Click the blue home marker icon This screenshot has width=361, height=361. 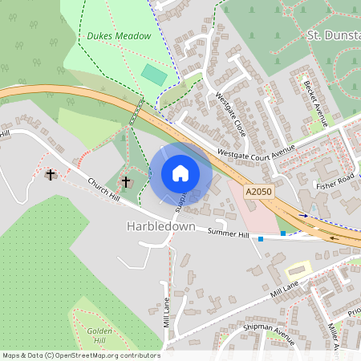[x=180, y=173]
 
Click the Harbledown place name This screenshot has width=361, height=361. [x=160, y=227]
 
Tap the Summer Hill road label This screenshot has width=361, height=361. [x=228, y=233]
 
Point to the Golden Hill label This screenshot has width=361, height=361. [x=99, y=335]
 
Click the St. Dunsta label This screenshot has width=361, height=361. [x=333, y=35]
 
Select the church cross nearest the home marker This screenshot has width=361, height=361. [x=125, y=182]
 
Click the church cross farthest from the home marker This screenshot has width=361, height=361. [x=51, y=174]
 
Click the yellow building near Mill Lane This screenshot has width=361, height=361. [x=298, y=270]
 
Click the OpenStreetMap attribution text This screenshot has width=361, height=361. [x=81, y=355]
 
